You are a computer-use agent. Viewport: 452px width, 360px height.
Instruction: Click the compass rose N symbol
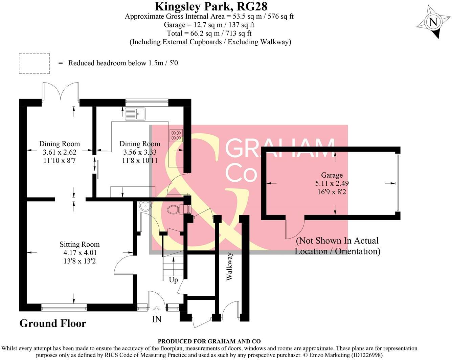(433, 22)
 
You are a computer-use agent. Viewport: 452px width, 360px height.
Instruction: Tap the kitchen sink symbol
(135, 114)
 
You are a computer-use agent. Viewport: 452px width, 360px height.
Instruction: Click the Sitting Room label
(80, 244)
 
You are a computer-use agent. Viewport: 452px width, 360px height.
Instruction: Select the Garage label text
(332, 175)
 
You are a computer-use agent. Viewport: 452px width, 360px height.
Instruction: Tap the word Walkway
(229, 266)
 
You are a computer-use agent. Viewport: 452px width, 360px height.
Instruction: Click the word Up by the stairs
(173, 280)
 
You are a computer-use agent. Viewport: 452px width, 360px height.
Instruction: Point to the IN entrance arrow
(157, 310)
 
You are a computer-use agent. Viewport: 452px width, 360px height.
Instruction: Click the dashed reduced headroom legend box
(34, 63)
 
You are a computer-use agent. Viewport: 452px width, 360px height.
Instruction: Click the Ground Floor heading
(53, 323)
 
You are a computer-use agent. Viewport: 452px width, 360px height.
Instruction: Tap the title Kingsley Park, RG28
(211, 6)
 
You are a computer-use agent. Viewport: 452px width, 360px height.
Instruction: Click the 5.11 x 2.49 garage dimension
(332, 183)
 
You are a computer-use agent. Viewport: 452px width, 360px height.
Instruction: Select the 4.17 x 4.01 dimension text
(80, 253)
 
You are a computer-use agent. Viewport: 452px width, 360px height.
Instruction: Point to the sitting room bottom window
(64, 307)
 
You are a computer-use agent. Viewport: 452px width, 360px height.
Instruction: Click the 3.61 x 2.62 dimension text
(60, 152)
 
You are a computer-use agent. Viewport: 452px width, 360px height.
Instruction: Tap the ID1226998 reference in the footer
(367, 355)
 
